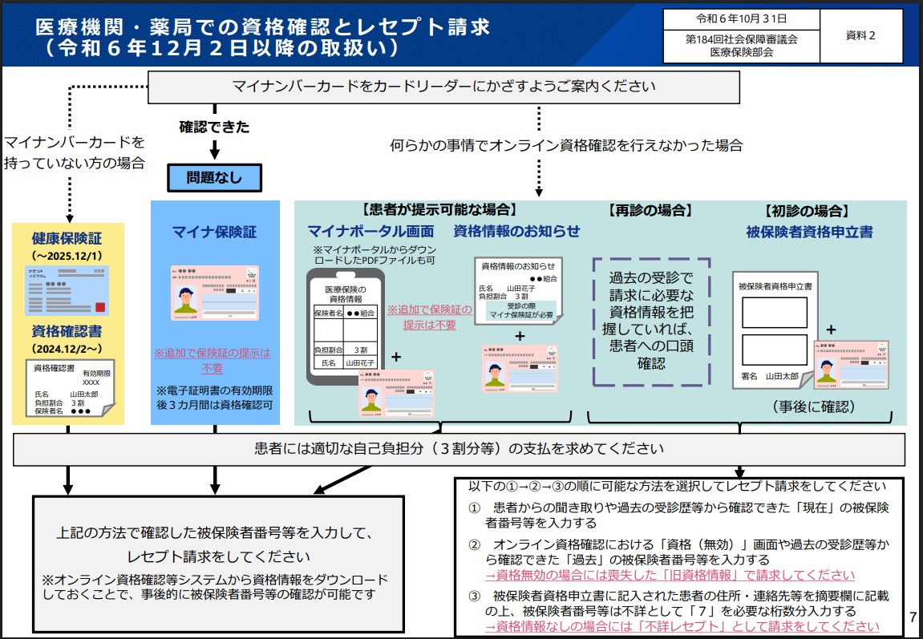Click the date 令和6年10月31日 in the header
(741, 18)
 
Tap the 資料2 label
(860, 35)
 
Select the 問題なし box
(214, 178)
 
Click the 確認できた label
(214, 127)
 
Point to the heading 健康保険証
(68, 238)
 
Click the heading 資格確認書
(68, 332)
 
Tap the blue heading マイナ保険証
(215, 232)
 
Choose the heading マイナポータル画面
(370, 232)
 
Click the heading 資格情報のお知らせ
(516, 232)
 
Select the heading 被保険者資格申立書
(809, 232)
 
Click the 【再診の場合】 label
(650, 211)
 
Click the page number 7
(913, 617)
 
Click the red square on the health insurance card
(101, 307)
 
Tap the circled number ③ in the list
(475, 596)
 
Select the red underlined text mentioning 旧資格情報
(670, 575)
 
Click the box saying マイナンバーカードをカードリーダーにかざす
(443, 87)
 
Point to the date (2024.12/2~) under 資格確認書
(68, 349)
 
